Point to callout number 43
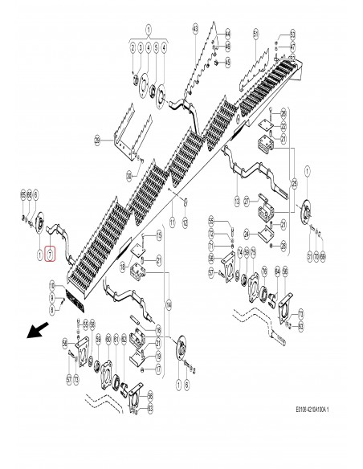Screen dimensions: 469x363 tap(195, 29)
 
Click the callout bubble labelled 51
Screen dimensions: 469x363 tap(255, 33)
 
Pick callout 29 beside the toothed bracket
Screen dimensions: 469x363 tap(96, 141)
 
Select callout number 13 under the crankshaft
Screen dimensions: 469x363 tap(238, 199)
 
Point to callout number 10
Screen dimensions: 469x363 tap(52, 286)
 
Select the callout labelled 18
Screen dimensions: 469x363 tap(159, 330)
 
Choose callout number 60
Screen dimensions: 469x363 tap(108, 340)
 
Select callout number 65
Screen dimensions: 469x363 tap(22, 195)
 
